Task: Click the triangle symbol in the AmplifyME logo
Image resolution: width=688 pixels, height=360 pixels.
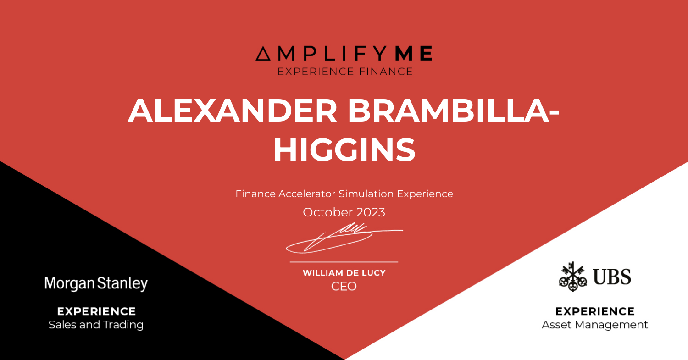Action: point(263,54)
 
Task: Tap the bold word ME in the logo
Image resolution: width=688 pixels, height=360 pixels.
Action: point(414,53)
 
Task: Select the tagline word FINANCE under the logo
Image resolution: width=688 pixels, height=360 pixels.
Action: point(386,72)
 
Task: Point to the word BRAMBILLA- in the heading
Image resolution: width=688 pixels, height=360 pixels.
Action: point(453,111)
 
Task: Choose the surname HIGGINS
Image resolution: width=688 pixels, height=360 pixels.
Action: point(344,150)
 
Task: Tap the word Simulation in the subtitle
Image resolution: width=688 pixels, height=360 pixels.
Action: point(366,194)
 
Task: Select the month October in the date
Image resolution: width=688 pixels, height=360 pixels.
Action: point(327,212)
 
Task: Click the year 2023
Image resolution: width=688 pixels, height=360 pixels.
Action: point(371,212)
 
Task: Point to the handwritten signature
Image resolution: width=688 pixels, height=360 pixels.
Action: point(344,238)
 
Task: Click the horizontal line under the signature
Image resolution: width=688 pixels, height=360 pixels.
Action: point(344,262)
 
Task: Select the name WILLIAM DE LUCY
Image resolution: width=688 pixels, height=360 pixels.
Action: point(344,273)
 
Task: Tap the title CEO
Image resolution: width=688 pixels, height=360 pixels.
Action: point(344,287)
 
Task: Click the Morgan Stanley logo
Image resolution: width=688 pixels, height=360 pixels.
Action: point(96,283)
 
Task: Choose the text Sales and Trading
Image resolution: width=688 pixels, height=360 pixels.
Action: point(96,325)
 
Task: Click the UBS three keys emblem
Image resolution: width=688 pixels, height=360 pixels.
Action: point(573,277)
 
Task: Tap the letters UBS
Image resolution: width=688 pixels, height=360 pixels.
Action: point(612,277)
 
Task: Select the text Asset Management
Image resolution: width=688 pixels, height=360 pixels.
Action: point(595,325)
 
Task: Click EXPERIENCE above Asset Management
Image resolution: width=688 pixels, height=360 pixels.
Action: point(595,311)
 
